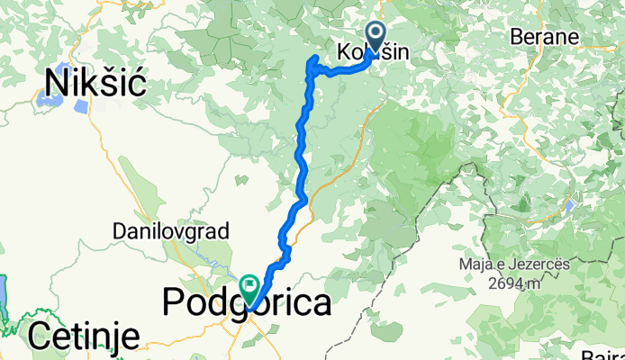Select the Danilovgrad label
(171, 231)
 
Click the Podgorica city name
(246, 303)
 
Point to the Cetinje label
(84, 337)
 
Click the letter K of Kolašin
(345, 53)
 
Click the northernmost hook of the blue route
(315, 58)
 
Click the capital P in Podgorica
(174, 303)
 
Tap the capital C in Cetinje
(41, 337)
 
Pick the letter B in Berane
(516, 38)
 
